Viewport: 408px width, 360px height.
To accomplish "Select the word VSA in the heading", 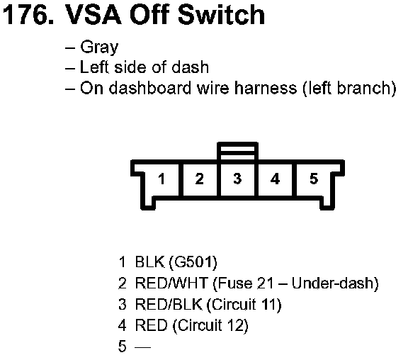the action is point(93,14).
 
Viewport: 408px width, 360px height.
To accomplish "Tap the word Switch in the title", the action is point(222,14).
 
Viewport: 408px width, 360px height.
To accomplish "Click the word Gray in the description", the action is point(99,47).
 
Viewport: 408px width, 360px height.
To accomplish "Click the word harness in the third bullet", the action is point(266,88).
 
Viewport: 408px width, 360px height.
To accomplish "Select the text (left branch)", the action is point(349,89).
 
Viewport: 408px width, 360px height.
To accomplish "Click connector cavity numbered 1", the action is point(161,179).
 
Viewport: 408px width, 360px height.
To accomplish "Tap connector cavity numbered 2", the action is point(200,179).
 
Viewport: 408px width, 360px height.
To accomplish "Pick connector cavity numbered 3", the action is point(237,179).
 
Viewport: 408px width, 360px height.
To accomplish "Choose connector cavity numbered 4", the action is point(275,179).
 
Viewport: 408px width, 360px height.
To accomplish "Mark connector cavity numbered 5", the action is point(314,179).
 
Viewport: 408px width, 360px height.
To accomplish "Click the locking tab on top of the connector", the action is point(237,151).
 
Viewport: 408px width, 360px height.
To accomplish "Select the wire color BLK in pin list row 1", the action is point(150,261).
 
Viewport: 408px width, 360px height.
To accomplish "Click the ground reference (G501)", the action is point(193,262).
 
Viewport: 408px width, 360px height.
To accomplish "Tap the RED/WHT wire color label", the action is point(171,283).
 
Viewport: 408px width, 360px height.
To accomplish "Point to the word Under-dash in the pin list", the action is point(335,283).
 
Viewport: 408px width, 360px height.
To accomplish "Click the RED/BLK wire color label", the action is point(169,304).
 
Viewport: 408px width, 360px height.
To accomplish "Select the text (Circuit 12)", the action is point(210,326).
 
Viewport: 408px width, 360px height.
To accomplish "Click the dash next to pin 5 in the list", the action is point(143,347).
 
